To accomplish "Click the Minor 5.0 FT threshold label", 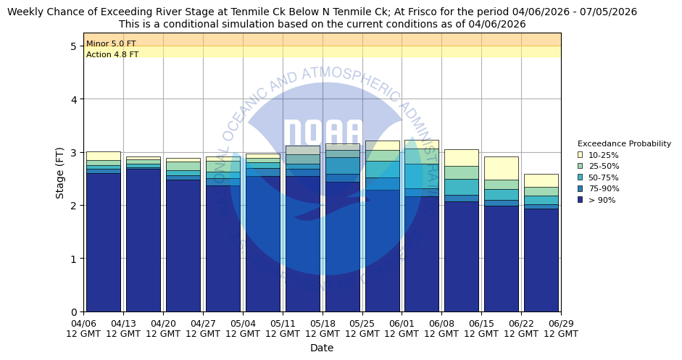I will coord(111,44).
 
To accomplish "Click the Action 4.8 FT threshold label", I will coord(112,55).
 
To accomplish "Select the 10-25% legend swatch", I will coord(581,155).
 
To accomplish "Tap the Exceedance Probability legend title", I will coord(624,143).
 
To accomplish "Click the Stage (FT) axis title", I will coord(60,172).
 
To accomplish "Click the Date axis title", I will coord(322,348).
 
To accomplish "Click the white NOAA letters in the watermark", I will coord(323,134).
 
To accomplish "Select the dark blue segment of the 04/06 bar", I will coord(104,243).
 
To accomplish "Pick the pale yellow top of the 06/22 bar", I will coord(541,180).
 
